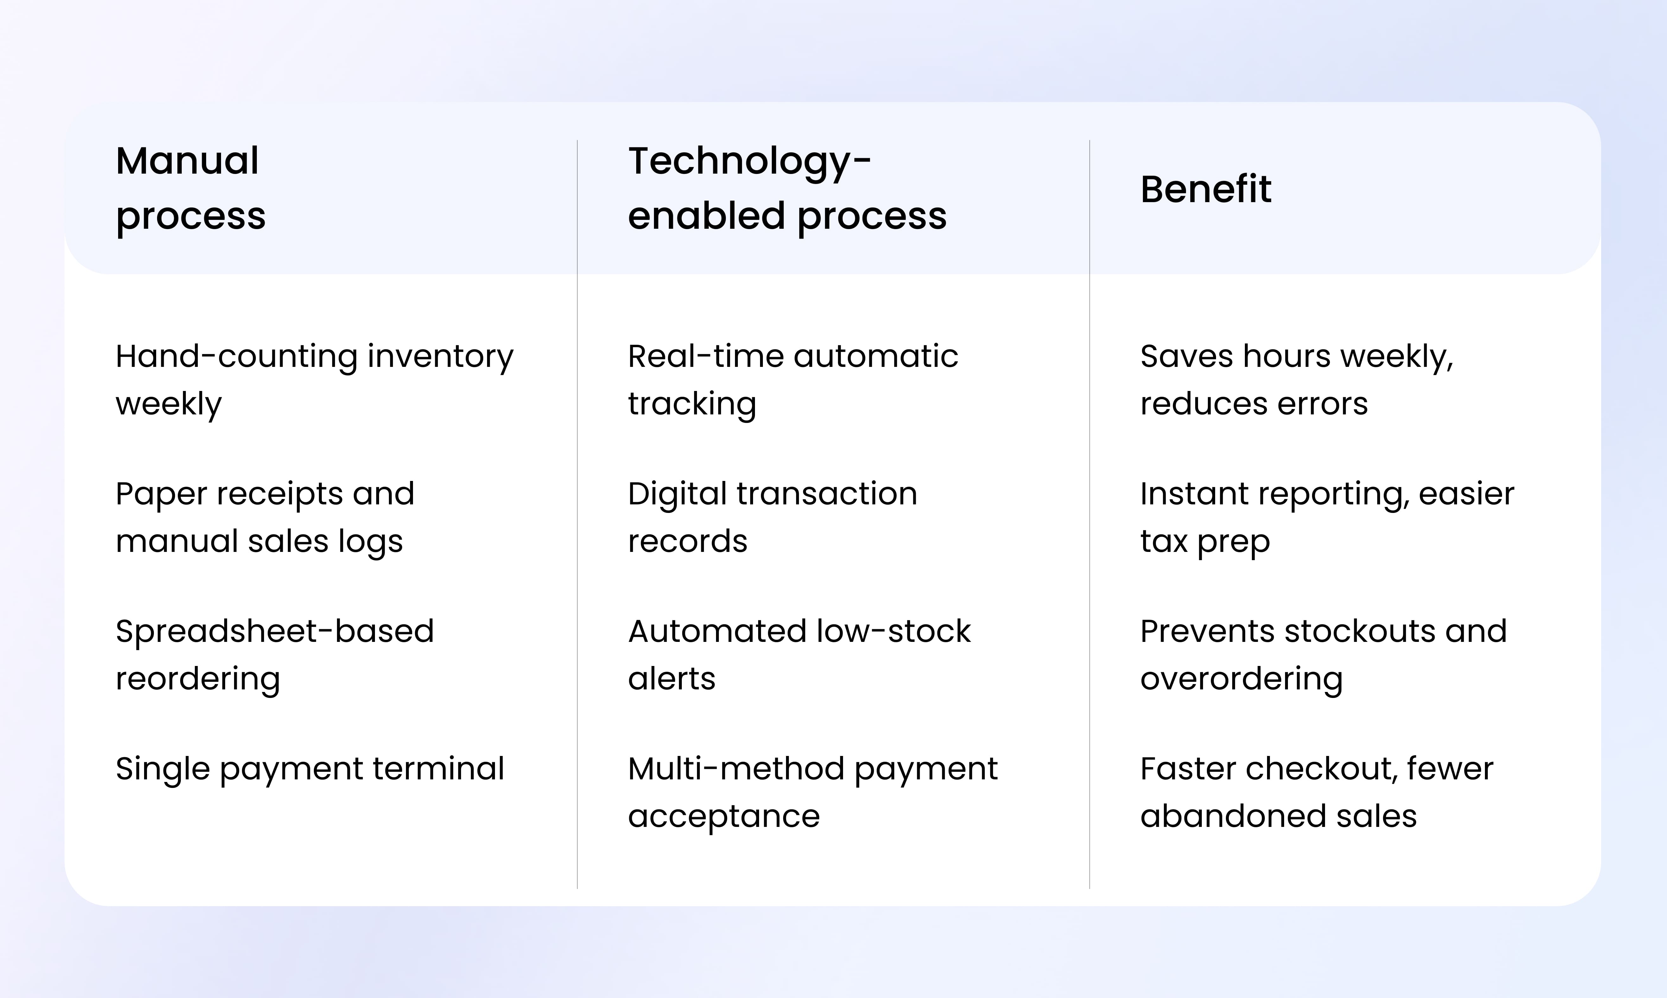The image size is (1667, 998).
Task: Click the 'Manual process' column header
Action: pos(191,188)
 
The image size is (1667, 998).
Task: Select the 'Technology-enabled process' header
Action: pos(787,188)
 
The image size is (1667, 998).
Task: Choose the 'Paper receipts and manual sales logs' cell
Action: pos(265,517)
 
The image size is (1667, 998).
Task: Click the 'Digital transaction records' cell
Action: pos(772,517)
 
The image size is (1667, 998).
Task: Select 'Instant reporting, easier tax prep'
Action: pos(1327,517)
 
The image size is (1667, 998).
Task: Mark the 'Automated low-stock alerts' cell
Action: pos(799,654)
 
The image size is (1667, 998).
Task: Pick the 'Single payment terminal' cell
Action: pos(310,769)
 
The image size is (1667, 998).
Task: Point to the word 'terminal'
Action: pos(438,769)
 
